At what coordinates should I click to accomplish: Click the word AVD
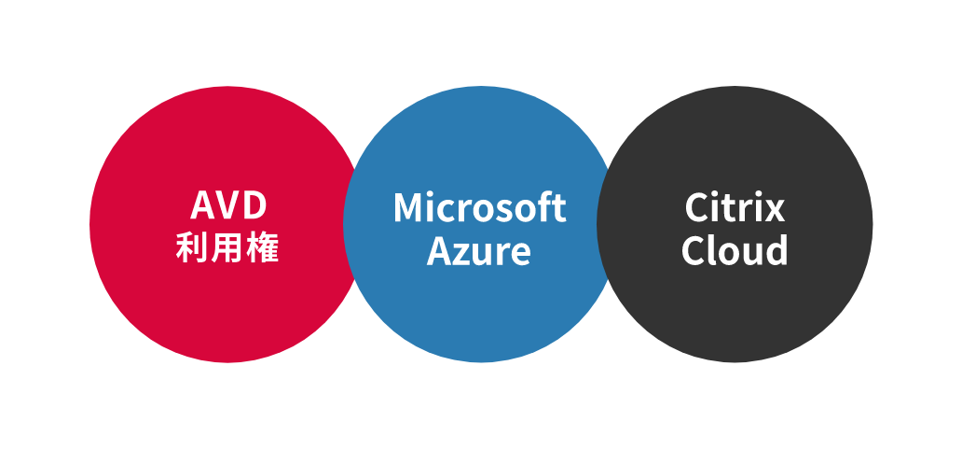[228, 205]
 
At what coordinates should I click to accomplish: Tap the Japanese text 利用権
[228, 247]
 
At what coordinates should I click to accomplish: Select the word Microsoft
[479, 207]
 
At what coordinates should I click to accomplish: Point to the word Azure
[479, 250]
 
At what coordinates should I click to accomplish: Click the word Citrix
[735, 207]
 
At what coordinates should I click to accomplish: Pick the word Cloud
[735, 250]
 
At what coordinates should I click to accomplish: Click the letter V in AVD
[227, 205]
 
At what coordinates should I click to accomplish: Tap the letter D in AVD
[254, 205]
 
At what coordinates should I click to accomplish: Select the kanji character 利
[192, 247]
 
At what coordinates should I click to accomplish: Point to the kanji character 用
[228, 247]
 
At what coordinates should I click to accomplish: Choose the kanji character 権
[264, 247]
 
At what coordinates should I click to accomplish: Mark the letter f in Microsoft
[546, 207]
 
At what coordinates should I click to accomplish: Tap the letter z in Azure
[461, 252]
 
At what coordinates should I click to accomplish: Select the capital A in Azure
[439, 250]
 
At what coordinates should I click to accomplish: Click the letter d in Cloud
[776, 250]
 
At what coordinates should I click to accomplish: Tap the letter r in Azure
[503, 252]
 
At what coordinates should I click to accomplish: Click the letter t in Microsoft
[559, 208]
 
